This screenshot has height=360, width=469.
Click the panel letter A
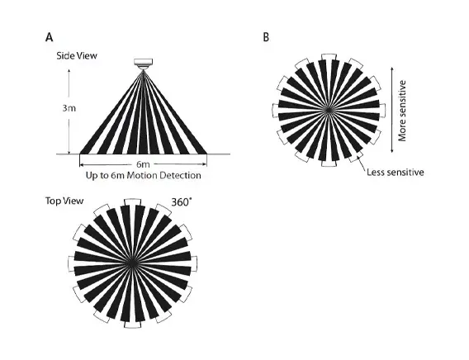tap(50, 37)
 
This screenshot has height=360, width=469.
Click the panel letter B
tap(266, 37)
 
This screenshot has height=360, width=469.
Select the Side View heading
tap(77, 55)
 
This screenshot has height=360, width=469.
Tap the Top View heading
tap(64, 201)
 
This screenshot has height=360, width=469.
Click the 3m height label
tap(69, 108)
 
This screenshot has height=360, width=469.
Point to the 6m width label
tap(143, 164)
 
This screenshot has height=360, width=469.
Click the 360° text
tap(181, 202)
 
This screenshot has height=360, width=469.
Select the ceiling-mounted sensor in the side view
tap(144, 64)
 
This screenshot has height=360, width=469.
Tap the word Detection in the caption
tap(180, 175)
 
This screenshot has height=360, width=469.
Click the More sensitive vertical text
tap(403, 111)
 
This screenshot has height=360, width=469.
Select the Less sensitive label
tap(396, 173)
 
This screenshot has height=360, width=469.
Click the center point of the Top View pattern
tap(131, 263)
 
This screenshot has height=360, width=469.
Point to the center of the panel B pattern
tap(329, 110)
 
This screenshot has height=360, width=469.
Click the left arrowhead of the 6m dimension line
tap(82, 164)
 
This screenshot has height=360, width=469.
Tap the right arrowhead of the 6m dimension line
tap(205, 164)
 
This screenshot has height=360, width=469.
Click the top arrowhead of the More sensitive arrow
tap(392, 69)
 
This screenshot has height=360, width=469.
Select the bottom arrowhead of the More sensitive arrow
tap(392, 150)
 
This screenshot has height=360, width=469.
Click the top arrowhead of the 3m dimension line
tap(69, 71)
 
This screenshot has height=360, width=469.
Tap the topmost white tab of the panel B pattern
tap(329, 56)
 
